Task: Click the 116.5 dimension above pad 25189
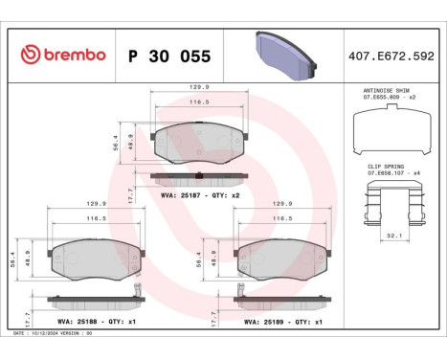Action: [x=282, y=218]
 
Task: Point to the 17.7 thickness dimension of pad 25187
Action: [x=131, y=191]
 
